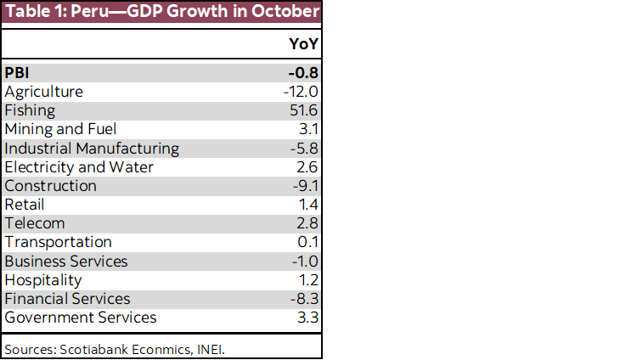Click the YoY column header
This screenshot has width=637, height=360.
tap(303, 45)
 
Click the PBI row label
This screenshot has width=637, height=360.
tap(17, 73)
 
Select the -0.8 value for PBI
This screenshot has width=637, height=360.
tap(302, 73)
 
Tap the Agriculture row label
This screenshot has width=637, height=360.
tap(44, 92)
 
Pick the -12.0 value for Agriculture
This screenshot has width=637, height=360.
tap(301, 92)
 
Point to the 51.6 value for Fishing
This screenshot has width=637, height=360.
tap(303, 110)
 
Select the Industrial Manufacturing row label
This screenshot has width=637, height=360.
tap(92, 148)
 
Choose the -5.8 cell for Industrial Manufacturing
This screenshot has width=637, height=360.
tap(303, 148)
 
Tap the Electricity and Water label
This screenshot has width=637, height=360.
tap(79, 166)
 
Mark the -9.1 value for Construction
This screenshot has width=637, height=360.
tap(303, 185)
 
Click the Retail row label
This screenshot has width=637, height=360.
tap(25, 205)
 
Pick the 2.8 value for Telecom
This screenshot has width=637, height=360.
tap(307, 223)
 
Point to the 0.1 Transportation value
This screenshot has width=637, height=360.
tap(307, 242)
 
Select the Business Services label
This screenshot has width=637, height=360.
tap(66, 261)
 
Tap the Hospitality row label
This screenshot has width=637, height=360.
tap(43, 279)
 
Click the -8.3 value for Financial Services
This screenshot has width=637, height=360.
tap(303, 298)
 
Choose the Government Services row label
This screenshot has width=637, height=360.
tap(81, 318)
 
